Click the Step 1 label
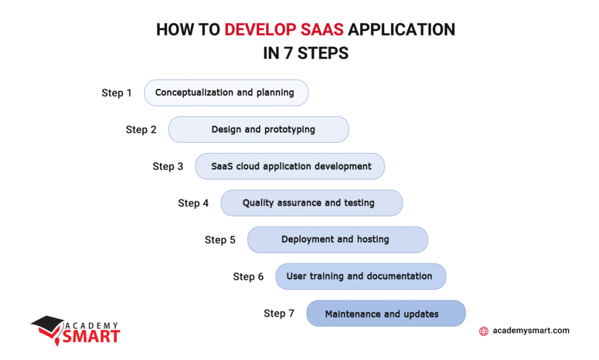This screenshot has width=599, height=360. [x=116, y=93]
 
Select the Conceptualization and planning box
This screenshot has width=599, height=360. [x=226, y=93]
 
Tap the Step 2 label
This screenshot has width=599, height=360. [x=141, y=130]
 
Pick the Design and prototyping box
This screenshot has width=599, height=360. [x=259, y=129]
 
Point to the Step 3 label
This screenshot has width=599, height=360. [x=168, y=167]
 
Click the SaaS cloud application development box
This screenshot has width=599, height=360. [x=290, y=166]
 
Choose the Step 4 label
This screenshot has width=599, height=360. [x=193, y=203]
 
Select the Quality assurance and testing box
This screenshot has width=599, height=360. [x=311, y=203]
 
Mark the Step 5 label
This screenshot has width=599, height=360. [x=220, y=240]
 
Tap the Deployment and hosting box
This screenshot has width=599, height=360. [x=338, y=239]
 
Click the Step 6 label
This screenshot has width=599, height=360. [x=248, y=277]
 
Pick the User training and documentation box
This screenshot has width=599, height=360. [x=360, y=276]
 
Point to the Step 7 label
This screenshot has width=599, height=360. [x=279, y=314]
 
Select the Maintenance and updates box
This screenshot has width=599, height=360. [x=385, y=314]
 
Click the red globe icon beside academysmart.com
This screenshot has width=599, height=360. [x=484, y=331]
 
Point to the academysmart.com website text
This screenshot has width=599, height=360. [x=531, y=331]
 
